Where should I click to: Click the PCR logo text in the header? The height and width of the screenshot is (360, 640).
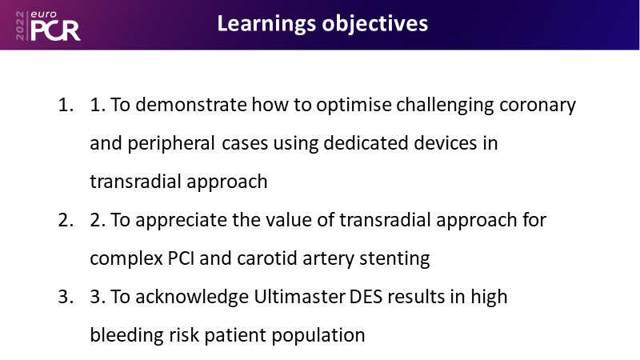55,30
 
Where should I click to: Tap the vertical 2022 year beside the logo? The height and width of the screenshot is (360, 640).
20,26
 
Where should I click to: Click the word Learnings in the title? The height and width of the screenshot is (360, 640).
266,24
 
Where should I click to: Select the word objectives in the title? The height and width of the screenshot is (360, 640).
375,23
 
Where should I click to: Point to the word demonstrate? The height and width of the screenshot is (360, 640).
191,105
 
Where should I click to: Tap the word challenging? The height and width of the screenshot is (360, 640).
445,106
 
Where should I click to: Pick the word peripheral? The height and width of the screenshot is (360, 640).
171,144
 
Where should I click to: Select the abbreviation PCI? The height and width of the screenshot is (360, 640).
181,258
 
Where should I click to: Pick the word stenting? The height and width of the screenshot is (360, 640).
394,258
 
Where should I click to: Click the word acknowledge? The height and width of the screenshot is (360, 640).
192,297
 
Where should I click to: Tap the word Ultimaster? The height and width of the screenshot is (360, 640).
299,296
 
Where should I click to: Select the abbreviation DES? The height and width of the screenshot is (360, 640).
366,297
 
